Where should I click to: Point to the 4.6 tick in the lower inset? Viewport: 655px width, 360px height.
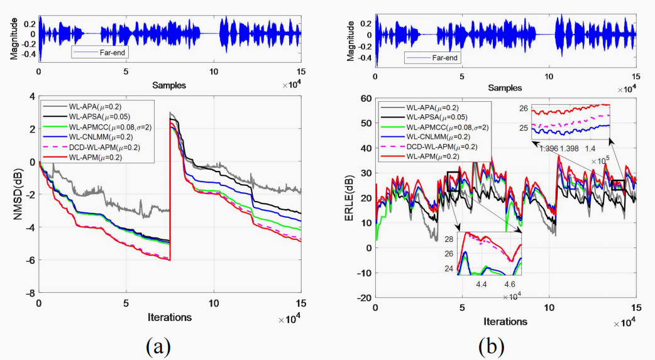tap(509, 284)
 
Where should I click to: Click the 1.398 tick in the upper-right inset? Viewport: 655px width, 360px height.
tap(570, 148)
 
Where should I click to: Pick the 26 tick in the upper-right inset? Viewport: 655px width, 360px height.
tap(523, 109)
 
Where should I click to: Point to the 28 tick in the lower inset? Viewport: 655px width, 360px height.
tap(448, 240)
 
